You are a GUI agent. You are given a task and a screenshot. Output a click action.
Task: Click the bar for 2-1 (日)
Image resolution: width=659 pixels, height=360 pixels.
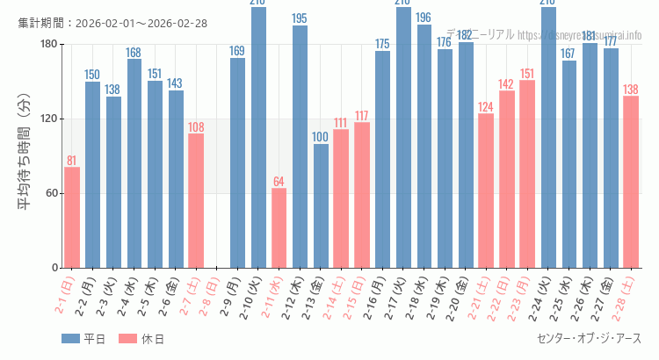[x=72, y=217]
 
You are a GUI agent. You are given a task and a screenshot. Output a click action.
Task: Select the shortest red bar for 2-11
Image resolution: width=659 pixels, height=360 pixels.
[x=279, y=227]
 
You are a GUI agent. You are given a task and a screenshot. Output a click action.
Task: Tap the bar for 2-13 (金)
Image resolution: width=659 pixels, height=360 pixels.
[x=321, y=205]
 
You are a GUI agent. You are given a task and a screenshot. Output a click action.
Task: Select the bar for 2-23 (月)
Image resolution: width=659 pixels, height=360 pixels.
[x=526, y=174]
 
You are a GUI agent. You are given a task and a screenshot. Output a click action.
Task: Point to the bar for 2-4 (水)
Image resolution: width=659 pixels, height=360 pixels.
[x=134, y=163]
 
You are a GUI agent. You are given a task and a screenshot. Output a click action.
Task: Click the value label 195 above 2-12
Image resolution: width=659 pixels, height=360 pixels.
[x=300, y=18]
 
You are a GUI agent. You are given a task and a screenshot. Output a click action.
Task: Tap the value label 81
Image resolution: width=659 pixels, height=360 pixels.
[x=72, y=161]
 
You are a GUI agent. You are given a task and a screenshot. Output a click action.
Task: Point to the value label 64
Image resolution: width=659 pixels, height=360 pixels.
[x=279, y=182]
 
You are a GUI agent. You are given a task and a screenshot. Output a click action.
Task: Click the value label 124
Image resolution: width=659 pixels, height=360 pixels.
[x=485, y=107]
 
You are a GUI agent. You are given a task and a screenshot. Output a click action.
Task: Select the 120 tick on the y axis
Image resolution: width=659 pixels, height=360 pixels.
[x=47, y=119]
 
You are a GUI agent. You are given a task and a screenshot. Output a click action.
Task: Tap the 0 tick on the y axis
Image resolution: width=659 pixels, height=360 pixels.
[x=54, y=268]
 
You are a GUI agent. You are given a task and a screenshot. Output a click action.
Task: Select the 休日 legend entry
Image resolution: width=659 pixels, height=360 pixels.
[x=141, y=339]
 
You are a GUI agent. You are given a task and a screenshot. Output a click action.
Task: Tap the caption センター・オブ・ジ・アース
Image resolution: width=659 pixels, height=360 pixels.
[x=588, y=338]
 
